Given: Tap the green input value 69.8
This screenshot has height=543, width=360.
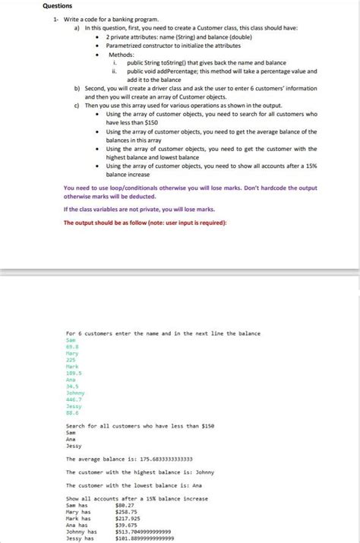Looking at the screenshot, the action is pyautogui.click(x=74, y=346).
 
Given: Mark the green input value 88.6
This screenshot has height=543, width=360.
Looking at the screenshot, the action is pyautogui.click(x=74, y=412).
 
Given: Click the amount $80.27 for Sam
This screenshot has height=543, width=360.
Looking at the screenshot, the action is pyautogui.click(x=125, y=504).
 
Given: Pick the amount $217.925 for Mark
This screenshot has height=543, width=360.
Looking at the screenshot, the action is pyautogui.click(x=128, y=518).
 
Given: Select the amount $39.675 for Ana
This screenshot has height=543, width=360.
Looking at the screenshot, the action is pyautogui.click(x=125, y=525).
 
